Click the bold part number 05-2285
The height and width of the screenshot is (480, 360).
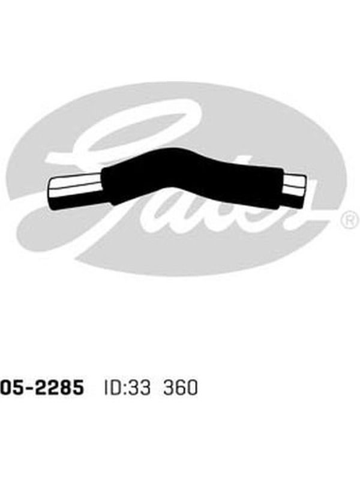tap(41, 387)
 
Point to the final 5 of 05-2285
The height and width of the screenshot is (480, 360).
tap(77, 387)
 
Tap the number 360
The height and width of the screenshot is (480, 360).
tap(181, 387)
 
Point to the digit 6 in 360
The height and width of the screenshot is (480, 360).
tap(181, 387)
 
